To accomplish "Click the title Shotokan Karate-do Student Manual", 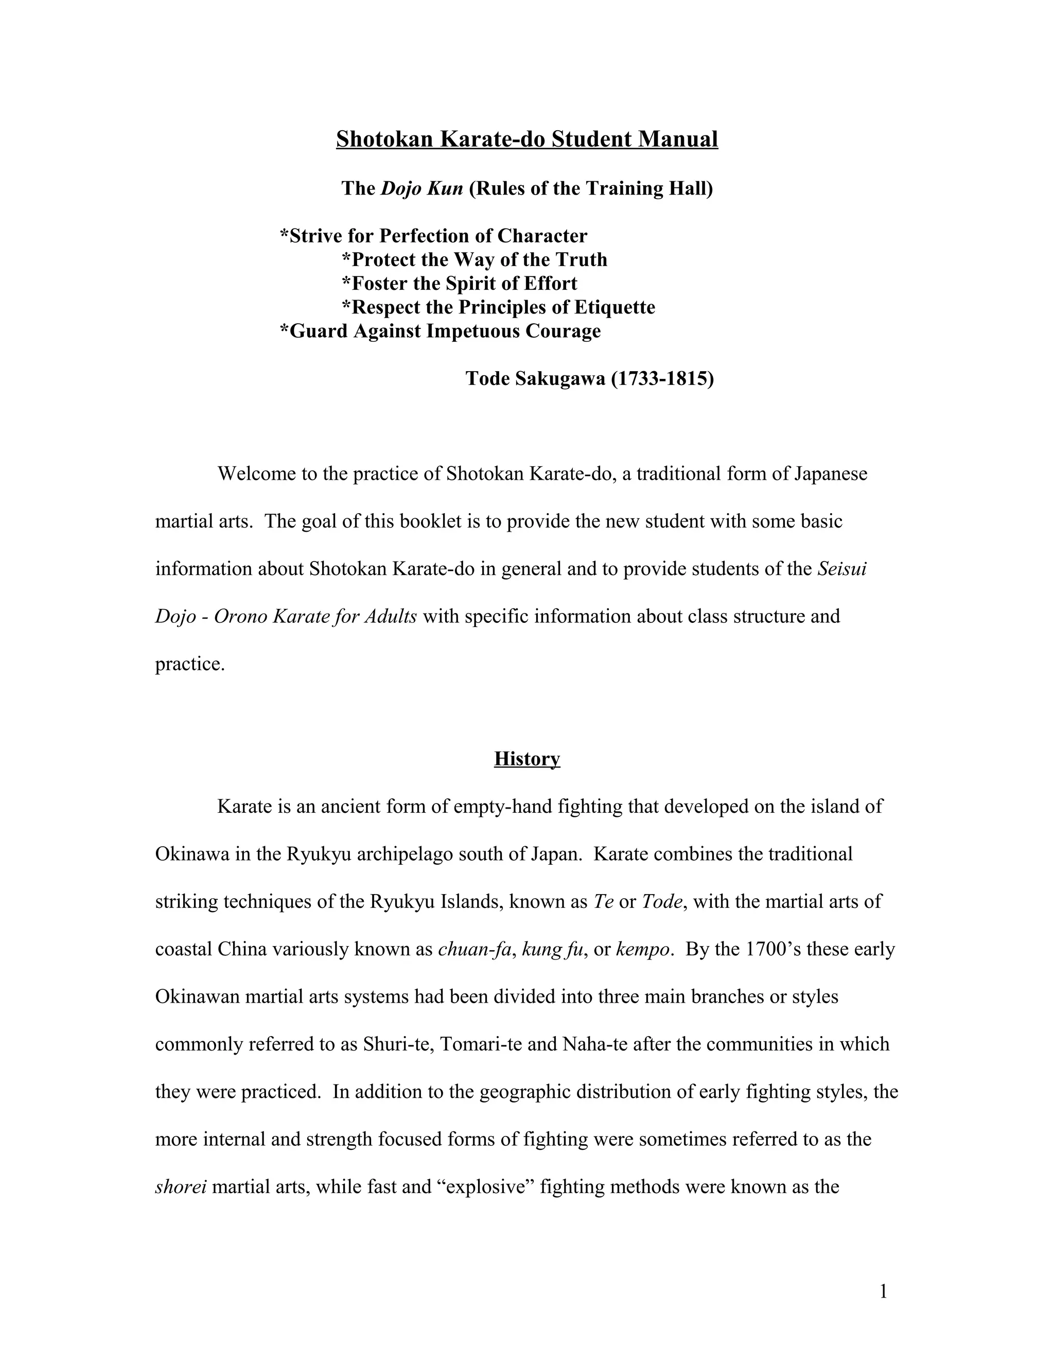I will click(527, 138).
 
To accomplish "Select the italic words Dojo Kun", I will click(421, 188).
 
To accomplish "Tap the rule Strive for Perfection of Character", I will click(433, 236).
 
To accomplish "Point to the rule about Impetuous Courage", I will click(440, 331).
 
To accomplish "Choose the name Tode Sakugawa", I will click(535, 378).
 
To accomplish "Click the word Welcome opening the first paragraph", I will click(257, 474).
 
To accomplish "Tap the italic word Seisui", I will click(841, 569).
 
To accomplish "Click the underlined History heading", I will click(527, 759).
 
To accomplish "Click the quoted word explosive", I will click(484, 1186).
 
